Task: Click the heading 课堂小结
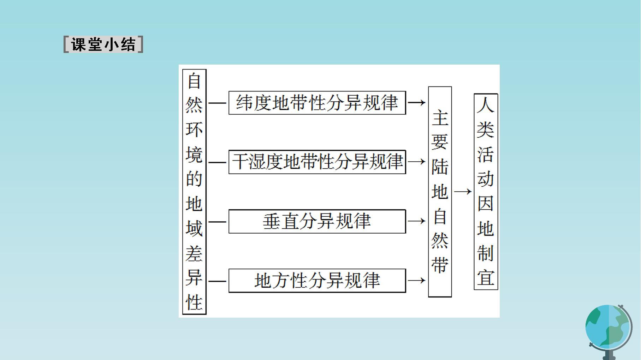coord(103,44)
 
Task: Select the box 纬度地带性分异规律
coord(317,103)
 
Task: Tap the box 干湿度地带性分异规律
coord(317,162)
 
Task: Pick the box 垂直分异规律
coord(317,221)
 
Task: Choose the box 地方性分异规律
coord(317,281)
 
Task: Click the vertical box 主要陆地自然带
coord(440,192)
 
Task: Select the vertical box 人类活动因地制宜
coord(486,192)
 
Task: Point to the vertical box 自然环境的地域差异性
coord(194,192)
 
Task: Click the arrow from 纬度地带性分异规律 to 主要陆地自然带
coord(417,103)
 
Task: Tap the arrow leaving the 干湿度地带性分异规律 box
coord(417,162)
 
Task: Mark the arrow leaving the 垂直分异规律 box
coord(417,221)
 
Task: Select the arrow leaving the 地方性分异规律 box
coord(417,281)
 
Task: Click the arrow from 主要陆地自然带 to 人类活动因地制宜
coord(463,192)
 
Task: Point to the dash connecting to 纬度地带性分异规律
coord(217,103)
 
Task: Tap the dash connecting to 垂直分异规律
coord(217,222)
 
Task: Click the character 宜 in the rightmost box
coord(486,278)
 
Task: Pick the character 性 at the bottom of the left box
coord(194,302)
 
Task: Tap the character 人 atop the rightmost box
coord(486,105)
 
